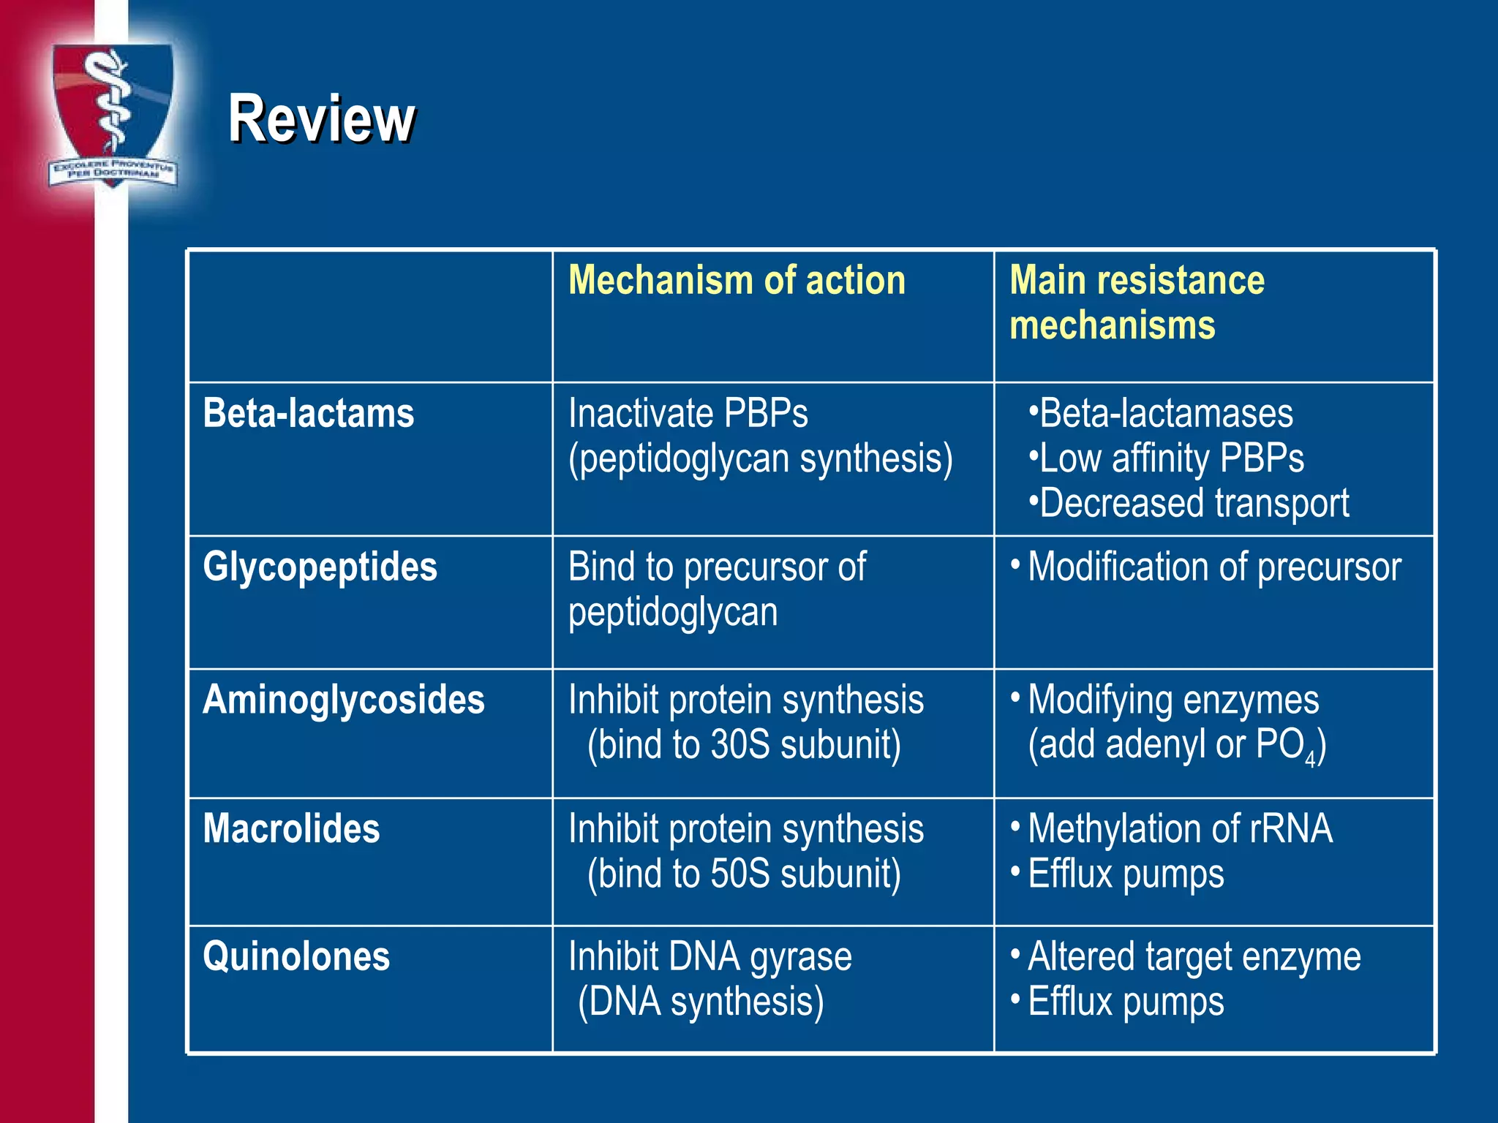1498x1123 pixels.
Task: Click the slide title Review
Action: pyautogui.click(x=321, y=118)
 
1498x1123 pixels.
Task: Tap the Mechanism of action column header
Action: pyautogui.click(x=737, y=280)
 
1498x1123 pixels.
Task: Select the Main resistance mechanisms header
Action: pyautogui.click(x=1137, y=302)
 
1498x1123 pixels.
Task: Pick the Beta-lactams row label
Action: pyautogui.click(x=309, y=413)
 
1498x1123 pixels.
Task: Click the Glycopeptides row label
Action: pyautogui.click(x=320, y=567)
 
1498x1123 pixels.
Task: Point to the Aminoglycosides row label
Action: pyautogui.click(x=344, y=700)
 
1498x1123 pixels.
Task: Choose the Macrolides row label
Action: pyautogui.click(x=291, y=829)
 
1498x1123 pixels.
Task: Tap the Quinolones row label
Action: pyautogui.click(x=296, y=957)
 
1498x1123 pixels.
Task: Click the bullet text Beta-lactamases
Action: pyautogui.click(x=1166, y=414)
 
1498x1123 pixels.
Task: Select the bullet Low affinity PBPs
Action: pyautogui.click(x=1171, y=458)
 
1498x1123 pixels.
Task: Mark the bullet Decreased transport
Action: pyautogui.click(x=1194, y=503)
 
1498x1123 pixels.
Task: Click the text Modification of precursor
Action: pyautogui.click(x=1214, y=567)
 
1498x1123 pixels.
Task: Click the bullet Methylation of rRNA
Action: pyautogui.click(x=1180, y=829)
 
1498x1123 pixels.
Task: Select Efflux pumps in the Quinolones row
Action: pyautogui.click(x=1126, y=1002)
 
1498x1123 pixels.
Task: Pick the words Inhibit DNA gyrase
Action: pyautogui.click(x=710, y=957)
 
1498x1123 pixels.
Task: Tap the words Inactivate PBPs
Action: pyautogui.click(x=688, y=414)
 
